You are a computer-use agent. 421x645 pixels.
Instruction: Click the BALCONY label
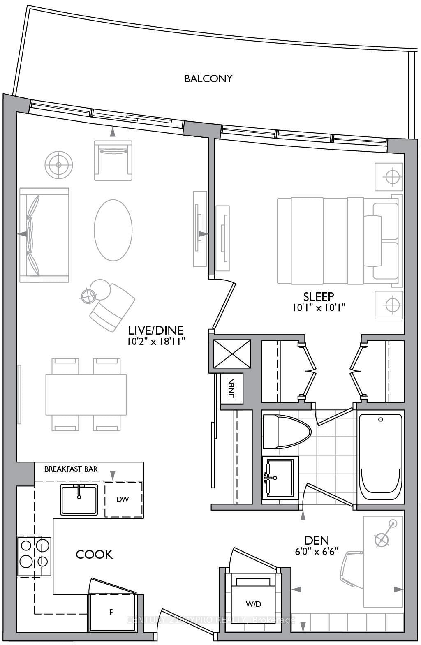point(208,79)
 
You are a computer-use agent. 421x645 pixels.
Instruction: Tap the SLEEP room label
point(318,296)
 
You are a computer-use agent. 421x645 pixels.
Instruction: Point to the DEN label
point(317,540)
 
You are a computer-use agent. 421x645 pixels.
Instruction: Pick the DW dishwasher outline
point(123,499)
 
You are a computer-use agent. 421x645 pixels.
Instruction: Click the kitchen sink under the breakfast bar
point(79,499)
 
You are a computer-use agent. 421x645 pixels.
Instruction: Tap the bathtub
point(380,456)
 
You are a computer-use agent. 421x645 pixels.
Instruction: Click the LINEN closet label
point(231,388)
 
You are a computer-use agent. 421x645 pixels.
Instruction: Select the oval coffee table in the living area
point(113,230)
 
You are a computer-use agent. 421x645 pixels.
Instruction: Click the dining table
point(86,394)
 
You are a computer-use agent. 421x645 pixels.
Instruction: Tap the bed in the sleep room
point(337,240)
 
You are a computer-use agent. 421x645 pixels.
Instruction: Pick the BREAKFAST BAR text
point(71,469)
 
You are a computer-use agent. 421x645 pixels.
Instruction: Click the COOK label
point(94,554)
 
